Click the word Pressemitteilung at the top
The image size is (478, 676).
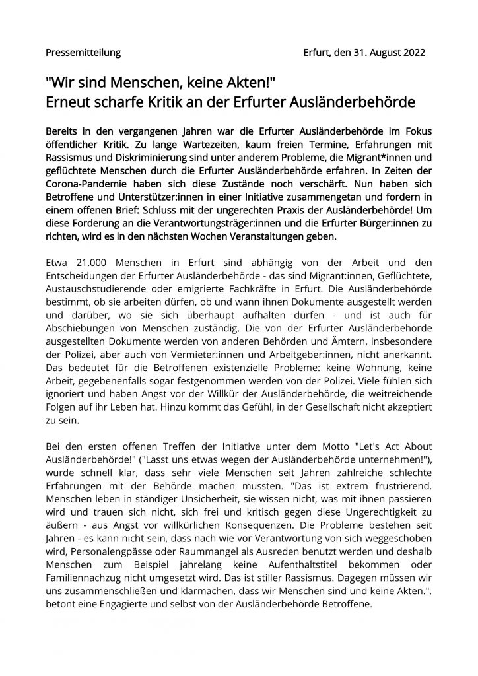coord(83,52)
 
